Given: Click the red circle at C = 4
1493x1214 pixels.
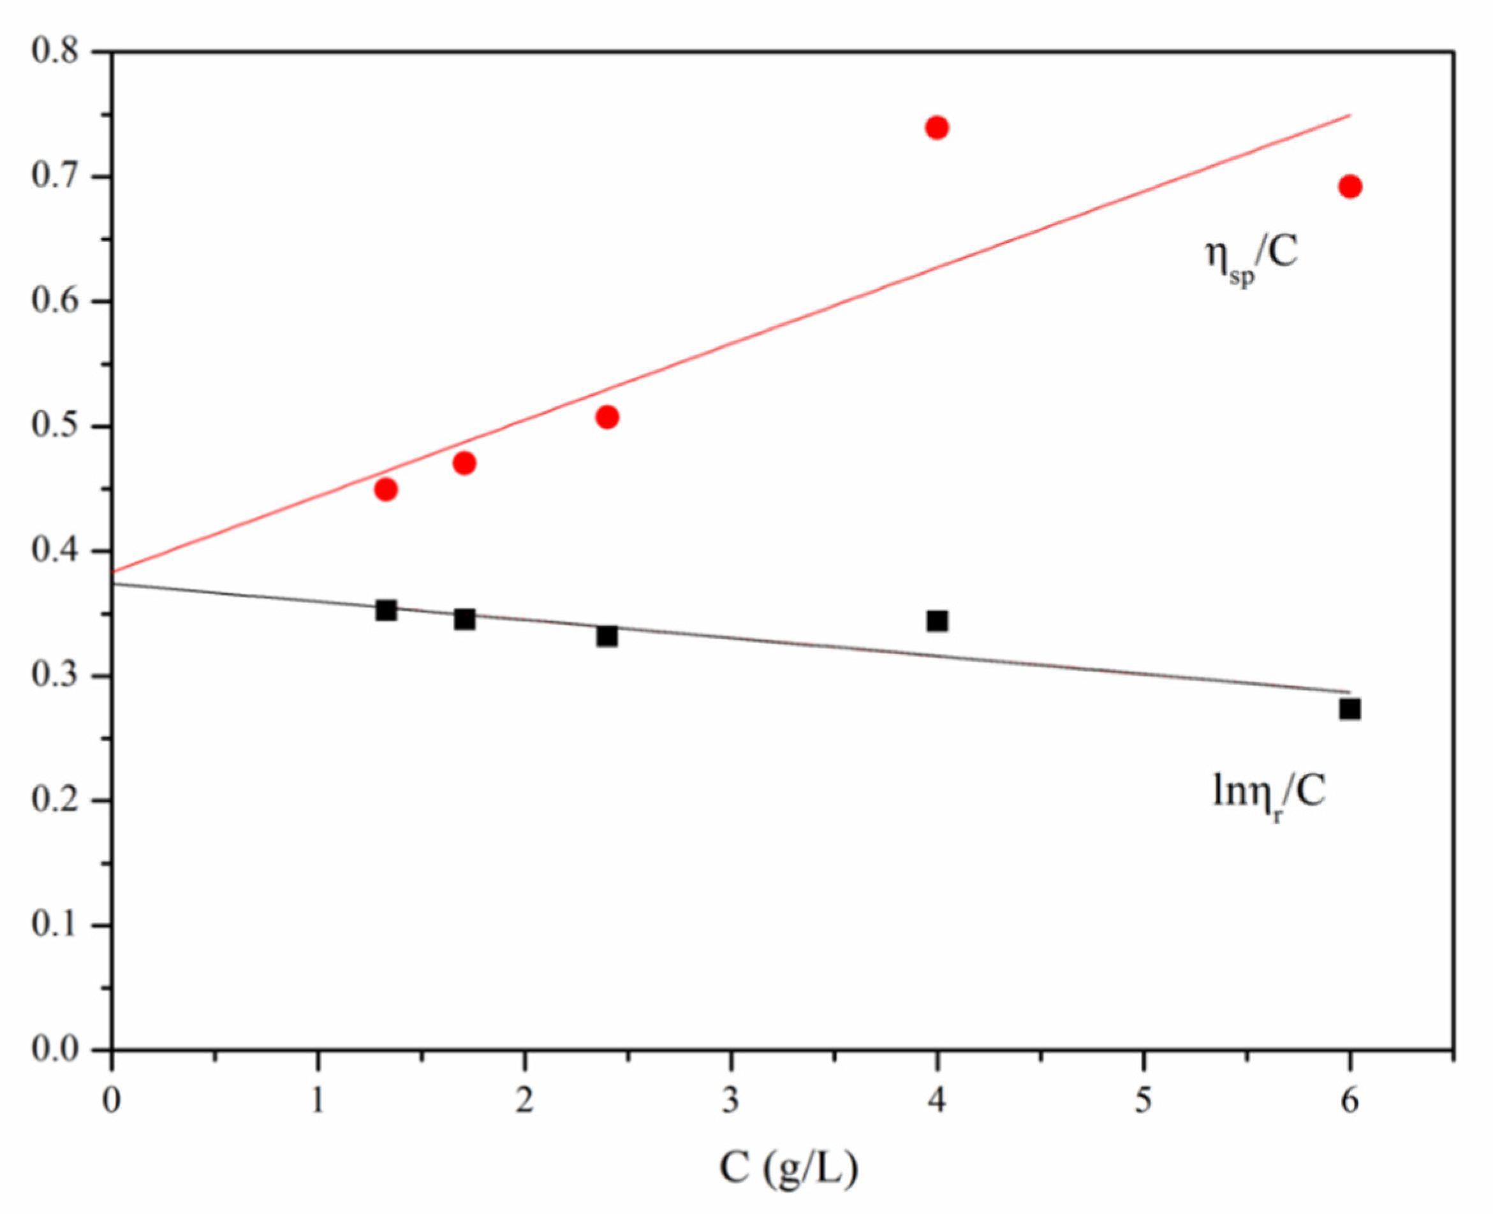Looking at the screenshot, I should [936, 128].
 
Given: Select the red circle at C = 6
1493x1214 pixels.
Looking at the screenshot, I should [1350, 187].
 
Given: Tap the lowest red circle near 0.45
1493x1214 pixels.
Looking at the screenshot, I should [386, 489].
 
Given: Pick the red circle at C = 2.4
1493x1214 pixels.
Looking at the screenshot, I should [607, 418].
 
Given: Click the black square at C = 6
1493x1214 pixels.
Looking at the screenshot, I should [1350, 709].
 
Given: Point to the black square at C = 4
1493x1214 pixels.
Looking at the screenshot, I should [936, 621].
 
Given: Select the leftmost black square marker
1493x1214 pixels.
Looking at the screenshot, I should [386, 610].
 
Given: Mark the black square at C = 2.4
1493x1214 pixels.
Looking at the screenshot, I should [607, 636].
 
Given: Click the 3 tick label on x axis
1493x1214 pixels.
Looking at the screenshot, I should [731, 1101].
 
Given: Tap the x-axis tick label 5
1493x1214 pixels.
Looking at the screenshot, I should [1144, 1101].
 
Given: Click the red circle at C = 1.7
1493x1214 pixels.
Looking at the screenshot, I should [464, 463].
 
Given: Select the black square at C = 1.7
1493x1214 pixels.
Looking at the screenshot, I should [464, 619].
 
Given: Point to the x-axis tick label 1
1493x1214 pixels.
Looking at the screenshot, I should [318, 1101].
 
